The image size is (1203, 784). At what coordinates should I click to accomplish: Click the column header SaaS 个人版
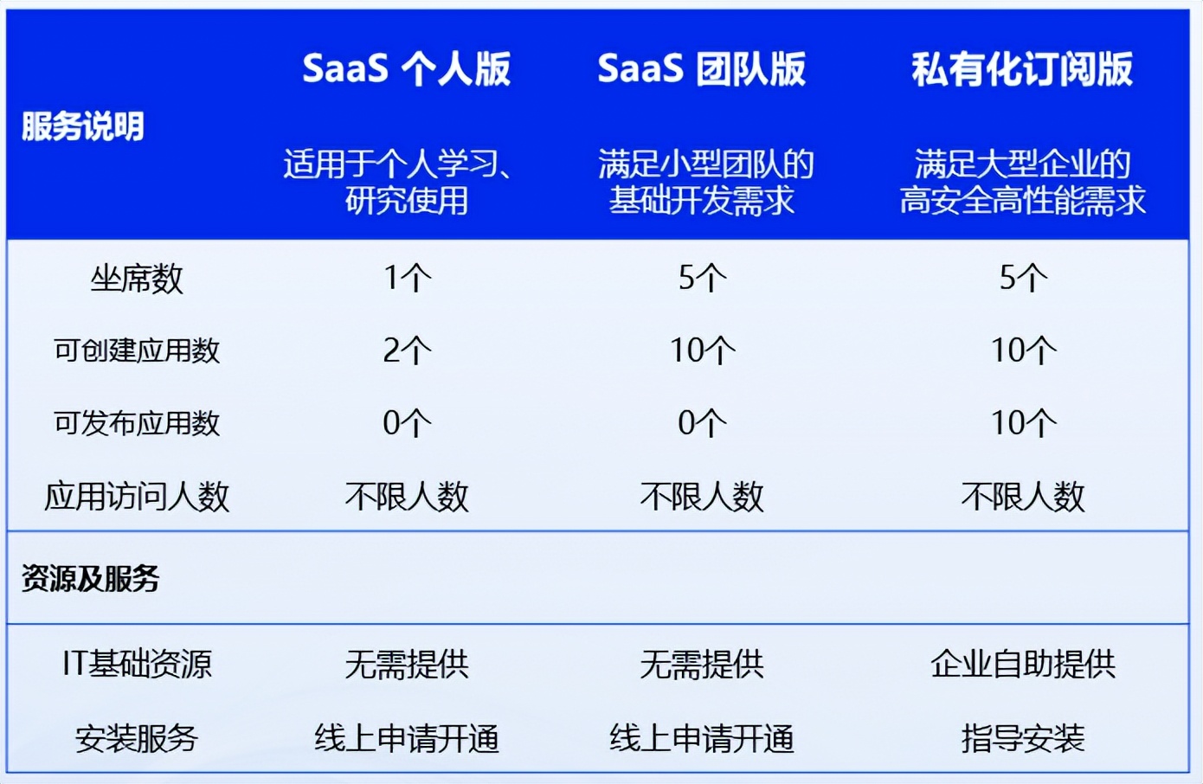[407, 69]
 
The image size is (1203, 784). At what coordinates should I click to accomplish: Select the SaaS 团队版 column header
[701, 69]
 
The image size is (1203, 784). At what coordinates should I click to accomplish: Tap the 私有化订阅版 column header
[1022, 69]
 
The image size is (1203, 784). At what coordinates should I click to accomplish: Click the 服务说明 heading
[83, 126]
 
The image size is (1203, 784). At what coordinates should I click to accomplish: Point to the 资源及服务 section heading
[90, 578]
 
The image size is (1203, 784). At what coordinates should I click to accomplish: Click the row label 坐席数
[137, 280]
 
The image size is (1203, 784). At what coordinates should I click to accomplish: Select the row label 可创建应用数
[137, 350]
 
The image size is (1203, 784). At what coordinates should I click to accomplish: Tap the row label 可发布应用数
[137, 423]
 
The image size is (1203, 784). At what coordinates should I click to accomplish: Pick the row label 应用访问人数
[137, 496]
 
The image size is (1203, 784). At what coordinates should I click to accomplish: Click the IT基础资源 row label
[137, 665]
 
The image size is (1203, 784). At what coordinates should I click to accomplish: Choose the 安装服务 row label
[137, 738]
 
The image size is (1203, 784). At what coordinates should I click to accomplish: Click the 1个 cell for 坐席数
[407, 278]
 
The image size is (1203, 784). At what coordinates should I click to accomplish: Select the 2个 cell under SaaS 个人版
[407, 350]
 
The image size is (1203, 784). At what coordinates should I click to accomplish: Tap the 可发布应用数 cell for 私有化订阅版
[1023, 422]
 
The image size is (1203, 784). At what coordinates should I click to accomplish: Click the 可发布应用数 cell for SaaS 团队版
[702, 422]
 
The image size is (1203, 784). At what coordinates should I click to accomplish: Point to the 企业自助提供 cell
[1023, 665]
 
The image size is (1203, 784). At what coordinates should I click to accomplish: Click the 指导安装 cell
[1023, 738]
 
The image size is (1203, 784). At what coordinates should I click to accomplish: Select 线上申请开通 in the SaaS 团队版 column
[702, 738]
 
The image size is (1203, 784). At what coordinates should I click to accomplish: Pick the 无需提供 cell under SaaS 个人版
[407, 665]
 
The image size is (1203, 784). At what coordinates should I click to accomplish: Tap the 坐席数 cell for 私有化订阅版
[1023, 278]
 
